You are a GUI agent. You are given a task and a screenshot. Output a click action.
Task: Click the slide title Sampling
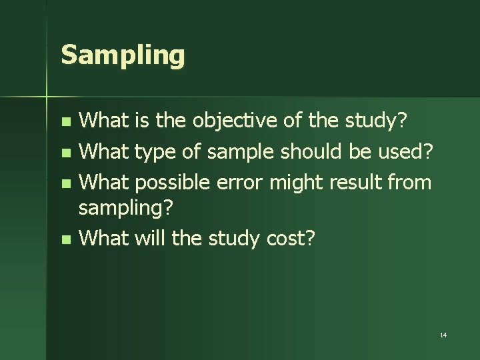tap(122, 55)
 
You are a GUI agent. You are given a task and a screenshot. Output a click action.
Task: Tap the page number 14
tap(443, 334)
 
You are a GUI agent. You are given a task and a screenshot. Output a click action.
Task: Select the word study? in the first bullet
tap(377, 121)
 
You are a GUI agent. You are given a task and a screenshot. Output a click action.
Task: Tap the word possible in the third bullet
tap(169, 181)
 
